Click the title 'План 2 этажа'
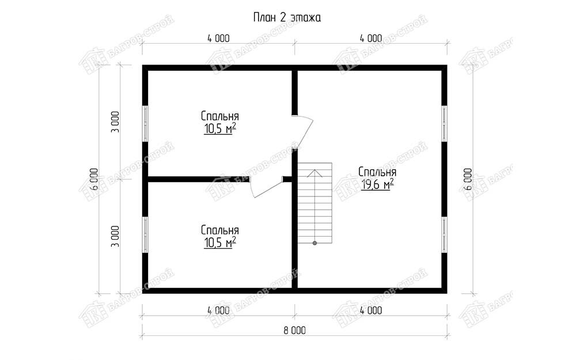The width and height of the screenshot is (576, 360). coord(287,18)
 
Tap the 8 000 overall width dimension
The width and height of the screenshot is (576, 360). coord(294,331)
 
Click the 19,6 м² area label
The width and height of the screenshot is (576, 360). coord(378,184)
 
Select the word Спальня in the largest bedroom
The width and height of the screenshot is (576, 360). coord(377,172)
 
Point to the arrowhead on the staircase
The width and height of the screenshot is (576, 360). coord(315,173)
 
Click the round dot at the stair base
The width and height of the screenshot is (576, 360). coord(315,243)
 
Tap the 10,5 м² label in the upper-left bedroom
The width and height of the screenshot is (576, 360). coord(219,128)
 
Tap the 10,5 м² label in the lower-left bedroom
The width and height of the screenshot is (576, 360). coord(219,242)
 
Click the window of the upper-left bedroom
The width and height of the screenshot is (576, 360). coord(146,124)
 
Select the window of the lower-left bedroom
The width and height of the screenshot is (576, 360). coord(146,235)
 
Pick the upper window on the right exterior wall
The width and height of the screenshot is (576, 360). coord(445,124)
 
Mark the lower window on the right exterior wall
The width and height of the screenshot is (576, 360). coord(445,235)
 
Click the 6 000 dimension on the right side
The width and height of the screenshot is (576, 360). coord(468,179)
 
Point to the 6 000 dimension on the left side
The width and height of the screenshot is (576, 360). coord(94,179)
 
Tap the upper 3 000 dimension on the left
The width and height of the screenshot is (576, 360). coord(116,122)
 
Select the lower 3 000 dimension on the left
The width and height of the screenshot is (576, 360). coord(116,236)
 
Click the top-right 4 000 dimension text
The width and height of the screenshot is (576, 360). coord(371,38)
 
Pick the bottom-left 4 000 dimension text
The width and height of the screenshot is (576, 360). coord(218,310)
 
